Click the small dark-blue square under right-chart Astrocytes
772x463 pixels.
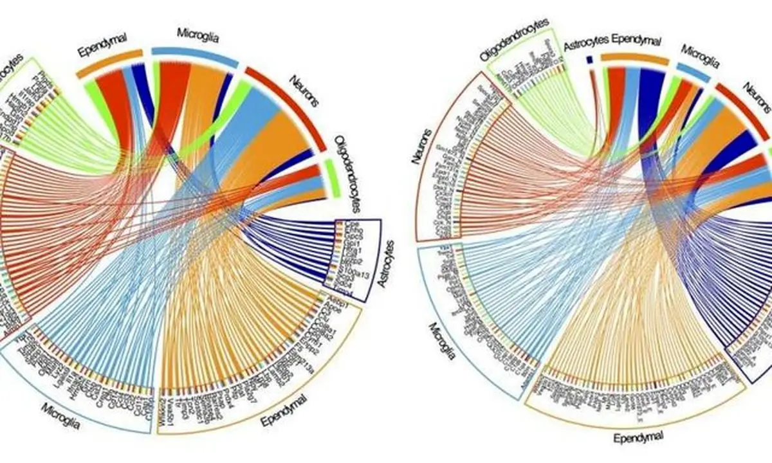coord(589,60)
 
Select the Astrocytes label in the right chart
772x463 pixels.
coord(586,45)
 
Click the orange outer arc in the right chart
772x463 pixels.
coord(634,59)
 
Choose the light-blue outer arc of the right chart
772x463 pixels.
coord(694,72)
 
